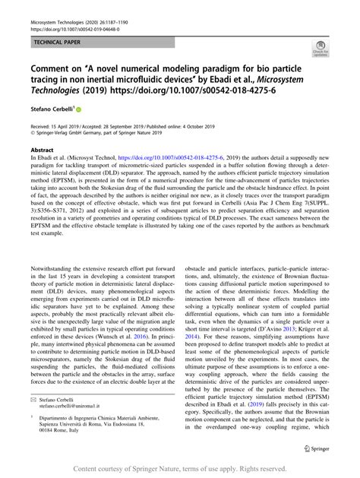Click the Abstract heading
[39, 151]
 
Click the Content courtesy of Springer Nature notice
[179, 468]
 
